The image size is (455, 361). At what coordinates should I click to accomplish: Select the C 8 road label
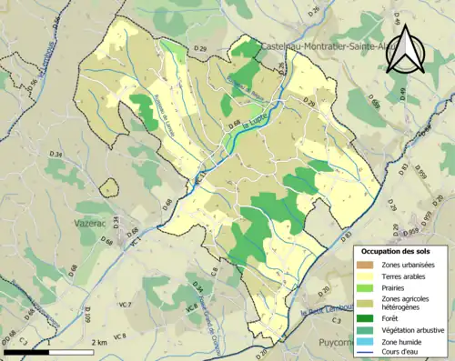pyautogui.click(x=215, y=270)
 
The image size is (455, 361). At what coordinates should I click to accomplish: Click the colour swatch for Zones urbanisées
pyautogui.click(x=369, y=264)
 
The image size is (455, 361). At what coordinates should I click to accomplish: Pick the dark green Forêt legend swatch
pyautogui.click(x=369, y=317)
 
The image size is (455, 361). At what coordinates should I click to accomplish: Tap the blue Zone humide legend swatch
pyautogui.click(x=369, y=343)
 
